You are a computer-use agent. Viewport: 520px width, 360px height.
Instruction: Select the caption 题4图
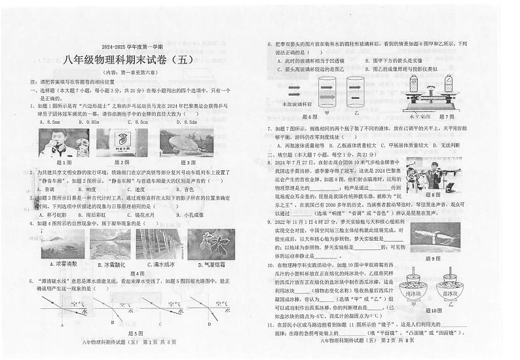pyautogui.click(x=137, y=274)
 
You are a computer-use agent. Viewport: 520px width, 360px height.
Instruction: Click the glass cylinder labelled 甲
pyautogui.click(x=328, y=92)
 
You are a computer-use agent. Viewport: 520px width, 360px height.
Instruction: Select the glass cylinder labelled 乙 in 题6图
pyautogui.click(x=356, y=92)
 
